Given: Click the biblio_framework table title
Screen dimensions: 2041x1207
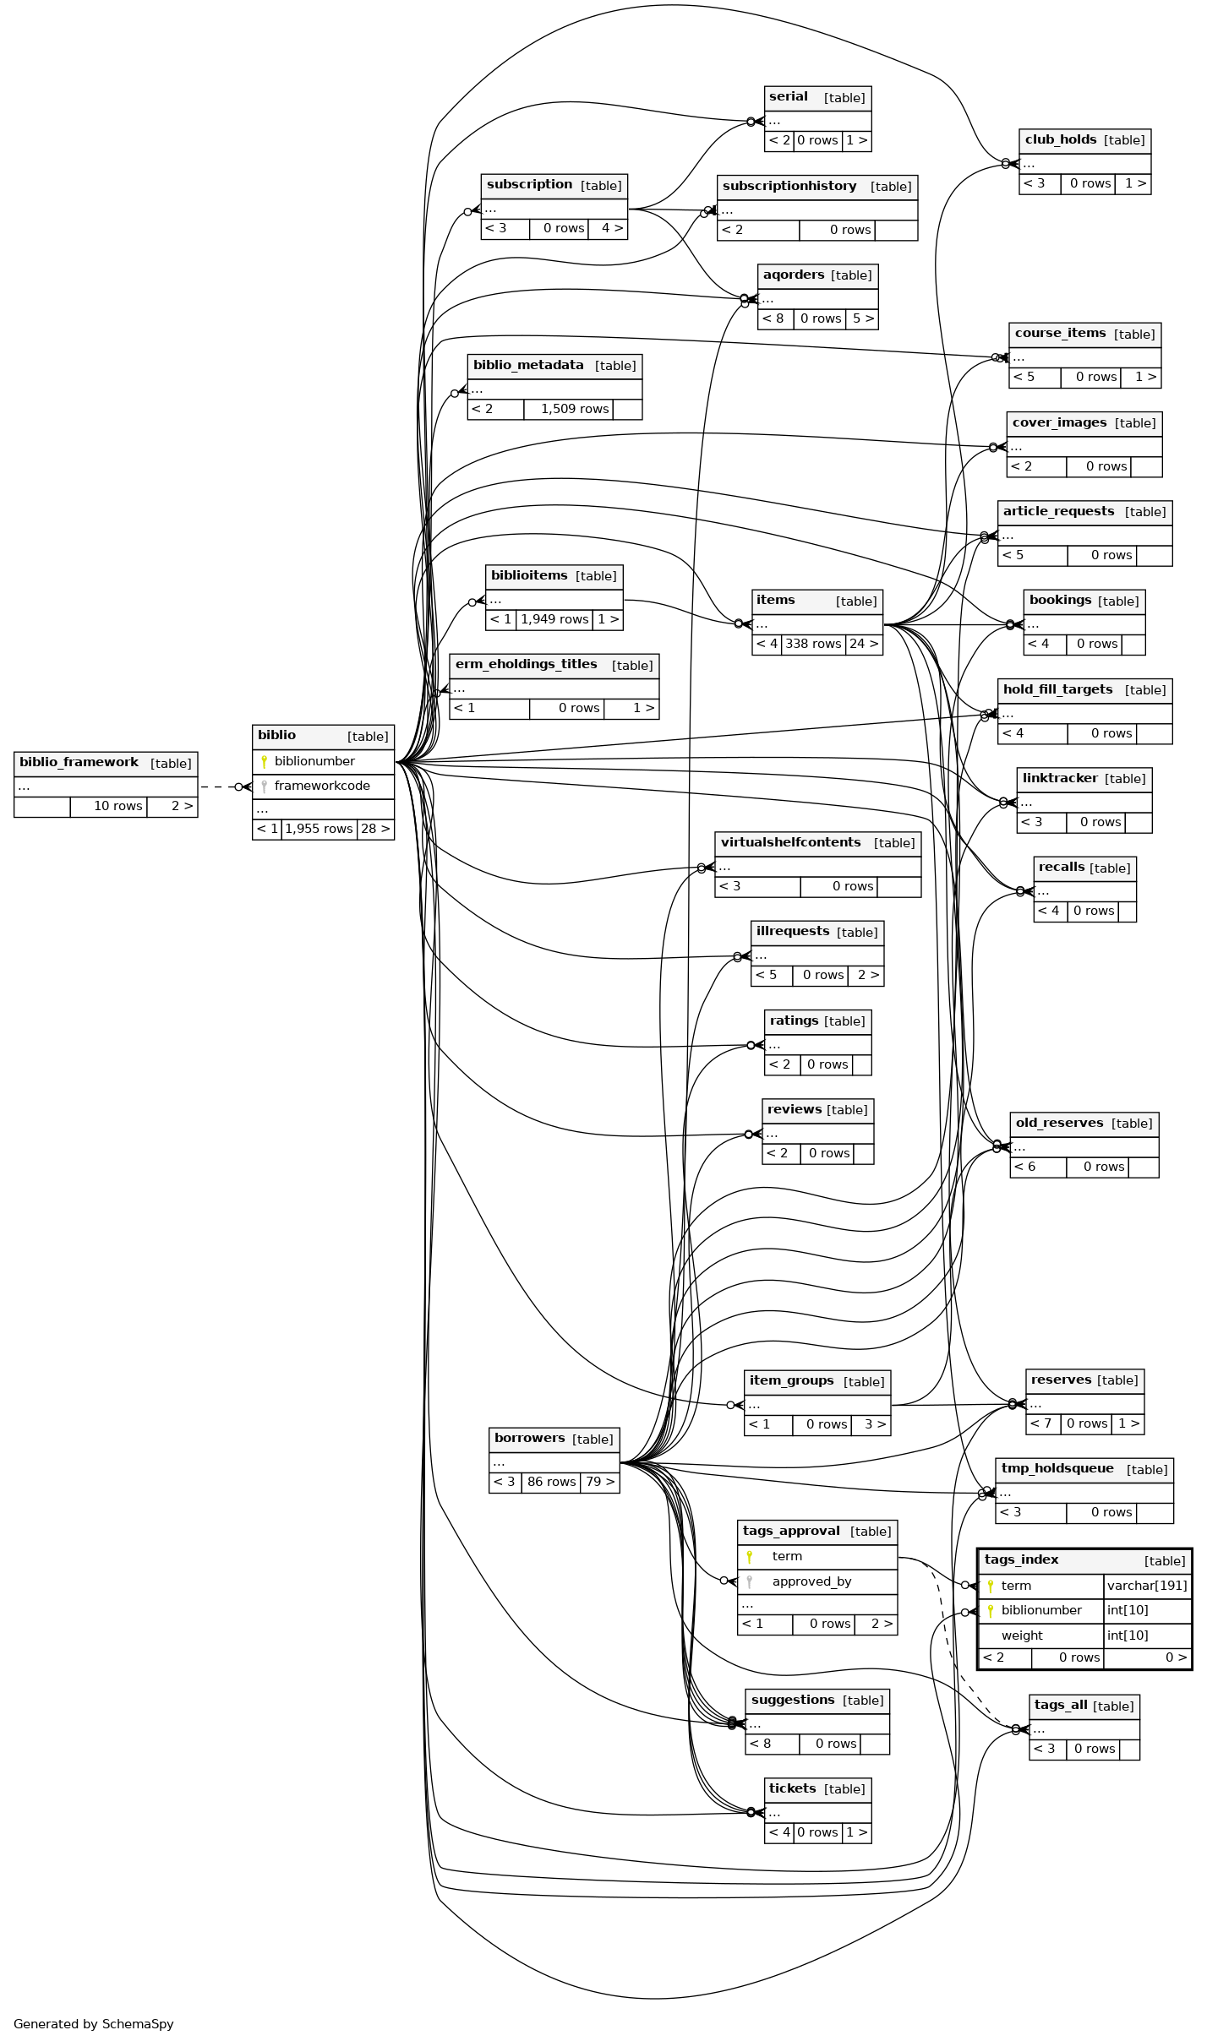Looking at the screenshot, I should [x=79, y=762].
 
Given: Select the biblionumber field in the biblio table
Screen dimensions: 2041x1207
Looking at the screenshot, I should [x=314, y=761].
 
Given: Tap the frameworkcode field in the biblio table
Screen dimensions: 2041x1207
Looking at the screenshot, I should [x=322, y=786].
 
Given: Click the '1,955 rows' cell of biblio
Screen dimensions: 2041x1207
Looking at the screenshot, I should [x=319, y=829].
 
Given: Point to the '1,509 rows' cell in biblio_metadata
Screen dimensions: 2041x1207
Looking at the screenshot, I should [x=575, y=409].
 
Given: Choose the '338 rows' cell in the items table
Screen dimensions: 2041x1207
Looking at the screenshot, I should [x=813, y=644].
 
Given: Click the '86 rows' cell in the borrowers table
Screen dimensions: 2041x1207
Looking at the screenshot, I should [x=551, y=1482].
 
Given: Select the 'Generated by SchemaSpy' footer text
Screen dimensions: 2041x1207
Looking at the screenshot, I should [x=94, y=2024].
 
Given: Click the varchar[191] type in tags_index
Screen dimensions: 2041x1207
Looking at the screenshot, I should [x=1147, y=1586].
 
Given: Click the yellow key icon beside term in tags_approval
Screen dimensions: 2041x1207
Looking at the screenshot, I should [x=749, y=1556].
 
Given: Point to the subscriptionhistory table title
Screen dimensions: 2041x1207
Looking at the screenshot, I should [x=789, y=186].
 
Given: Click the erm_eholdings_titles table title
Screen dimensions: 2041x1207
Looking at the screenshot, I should [x=526, y=664].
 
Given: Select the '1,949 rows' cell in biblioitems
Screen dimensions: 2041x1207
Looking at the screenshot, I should [x=554, y=619].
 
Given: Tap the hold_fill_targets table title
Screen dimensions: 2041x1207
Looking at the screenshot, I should [x=1057, y=689].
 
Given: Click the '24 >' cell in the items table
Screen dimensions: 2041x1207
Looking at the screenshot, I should [x=864, y=644].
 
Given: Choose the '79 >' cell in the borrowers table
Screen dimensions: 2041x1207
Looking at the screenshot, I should [x=600, y=1482].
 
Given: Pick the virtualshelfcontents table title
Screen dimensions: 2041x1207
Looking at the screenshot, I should [x=790, y=842].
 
